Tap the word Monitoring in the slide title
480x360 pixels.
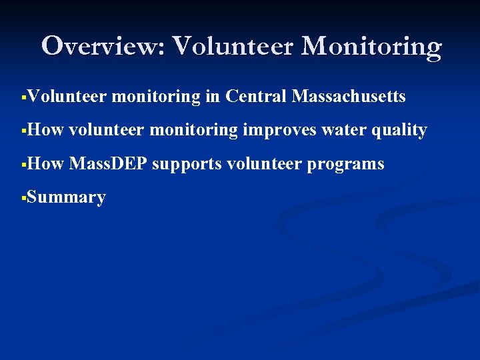[371, 46]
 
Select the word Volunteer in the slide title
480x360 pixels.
[234, 46]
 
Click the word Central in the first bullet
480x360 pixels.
[256, 97]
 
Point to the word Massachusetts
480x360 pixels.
[349, 97]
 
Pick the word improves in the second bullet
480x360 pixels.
[279, 130]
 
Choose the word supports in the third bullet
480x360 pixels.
[187, 163]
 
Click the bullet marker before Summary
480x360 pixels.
[23, 197]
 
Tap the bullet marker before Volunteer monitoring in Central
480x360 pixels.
[23, 97]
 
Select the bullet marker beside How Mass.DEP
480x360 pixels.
[23, 164]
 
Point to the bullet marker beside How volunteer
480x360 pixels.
[23, 131]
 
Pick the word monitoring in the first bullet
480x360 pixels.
[156, 97]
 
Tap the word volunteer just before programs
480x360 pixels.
[265, 163]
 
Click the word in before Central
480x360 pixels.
[213, 97]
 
